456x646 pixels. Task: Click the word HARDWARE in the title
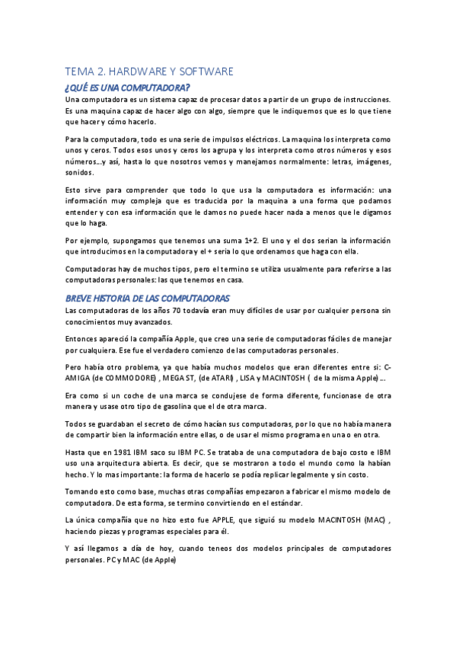(x=139, y=72)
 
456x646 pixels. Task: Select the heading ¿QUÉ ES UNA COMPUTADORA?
(x=127, y=88)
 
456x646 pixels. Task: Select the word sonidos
(x=79, y=172)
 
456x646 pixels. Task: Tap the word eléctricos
(x=256, y=139)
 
